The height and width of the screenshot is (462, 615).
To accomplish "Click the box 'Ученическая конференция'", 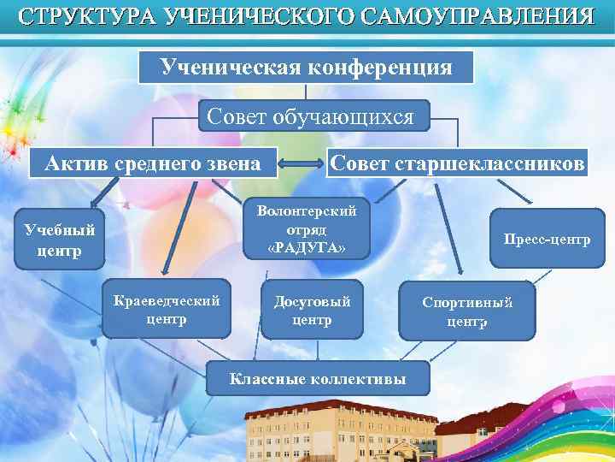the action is pos(306,67).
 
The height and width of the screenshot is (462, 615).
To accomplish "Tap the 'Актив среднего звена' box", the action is pos(153,162).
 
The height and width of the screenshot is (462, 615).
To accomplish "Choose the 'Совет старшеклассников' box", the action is pos(458,162).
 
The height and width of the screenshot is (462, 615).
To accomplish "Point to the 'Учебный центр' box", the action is pos(59,240).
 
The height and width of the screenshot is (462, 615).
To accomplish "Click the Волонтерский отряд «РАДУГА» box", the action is pos(307,228).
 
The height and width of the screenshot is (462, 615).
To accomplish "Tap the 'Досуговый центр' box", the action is pos(312,311).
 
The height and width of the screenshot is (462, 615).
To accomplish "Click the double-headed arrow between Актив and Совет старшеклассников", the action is pos(302,163).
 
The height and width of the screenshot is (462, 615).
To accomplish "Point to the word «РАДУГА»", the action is pos(307,247).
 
